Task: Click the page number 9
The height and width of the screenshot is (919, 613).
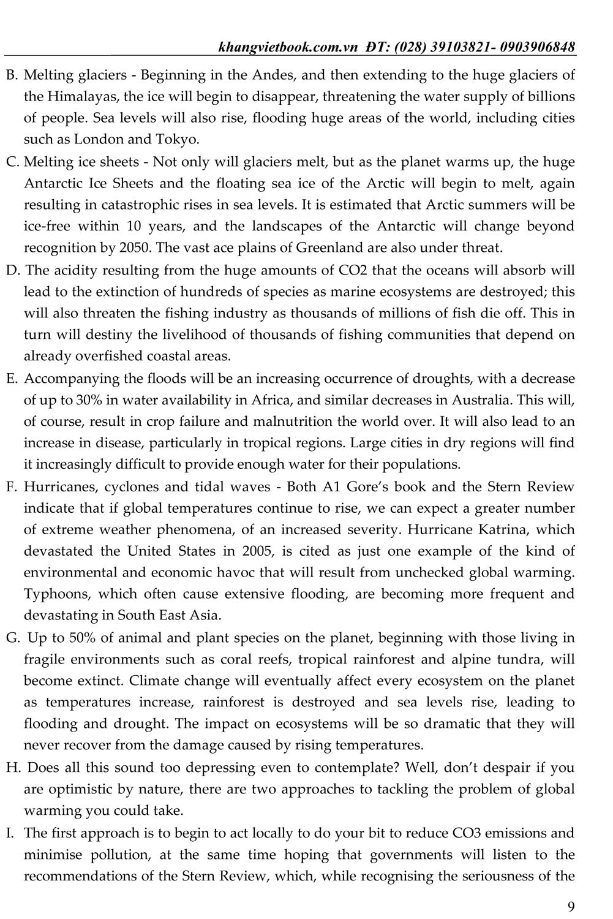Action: click(x=571, y=906)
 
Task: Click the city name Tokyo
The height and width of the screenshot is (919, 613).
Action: click(x=181, y=140)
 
